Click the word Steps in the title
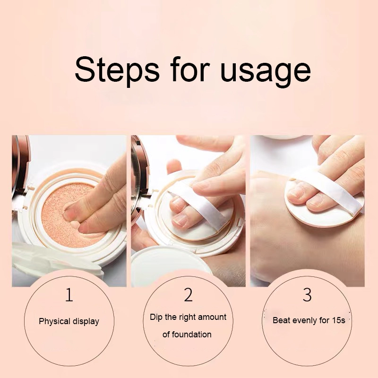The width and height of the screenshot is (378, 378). pos(117,69)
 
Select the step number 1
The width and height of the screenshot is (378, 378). pos(69,295)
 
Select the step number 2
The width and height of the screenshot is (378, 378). pos(188,295)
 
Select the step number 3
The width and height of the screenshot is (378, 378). pos(307,295)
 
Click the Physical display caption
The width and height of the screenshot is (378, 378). pos(69,321)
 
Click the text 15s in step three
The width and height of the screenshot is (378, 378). pos(338,320)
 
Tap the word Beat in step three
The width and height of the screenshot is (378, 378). pos(282,320)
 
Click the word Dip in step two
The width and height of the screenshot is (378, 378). pos(156,317)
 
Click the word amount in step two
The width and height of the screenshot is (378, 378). pos(212,317)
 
